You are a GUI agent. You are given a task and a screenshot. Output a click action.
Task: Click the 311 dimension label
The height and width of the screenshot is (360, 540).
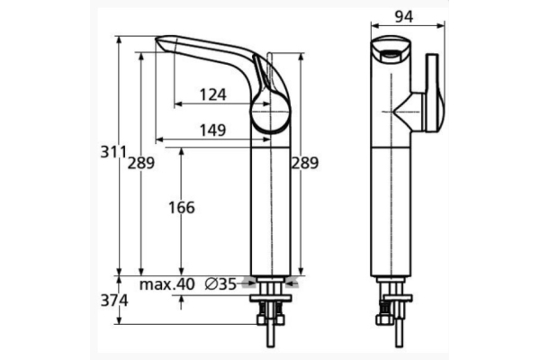click(x=112, y=152)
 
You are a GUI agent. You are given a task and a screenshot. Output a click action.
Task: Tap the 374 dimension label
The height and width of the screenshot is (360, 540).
click(x=112, y=301)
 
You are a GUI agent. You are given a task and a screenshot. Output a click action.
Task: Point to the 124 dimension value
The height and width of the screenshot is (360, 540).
click(x=212, y=94)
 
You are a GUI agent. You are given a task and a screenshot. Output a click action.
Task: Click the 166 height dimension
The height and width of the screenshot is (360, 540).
click(x=181, y=208)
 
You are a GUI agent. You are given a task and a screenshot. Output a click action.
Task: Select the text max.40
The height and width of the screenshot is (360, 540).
click(x=167, y=283)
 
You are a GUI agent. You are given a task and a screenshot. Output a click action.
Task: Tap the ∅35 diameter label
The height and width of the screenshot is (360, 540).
click(x=220, y=283)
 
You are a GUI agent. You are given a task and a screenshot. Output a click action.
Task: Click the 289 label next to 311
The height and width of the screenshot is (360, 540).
click(x=140, y=163)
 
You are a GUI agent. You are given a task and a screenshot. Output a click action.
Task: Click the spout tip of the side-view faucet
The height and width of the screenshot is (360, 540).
click(x=162, y=41)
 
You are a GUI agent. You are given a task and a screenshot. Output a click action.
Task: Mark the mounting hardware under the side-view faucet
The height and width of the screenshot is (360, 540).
click(x=269, y=310)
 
